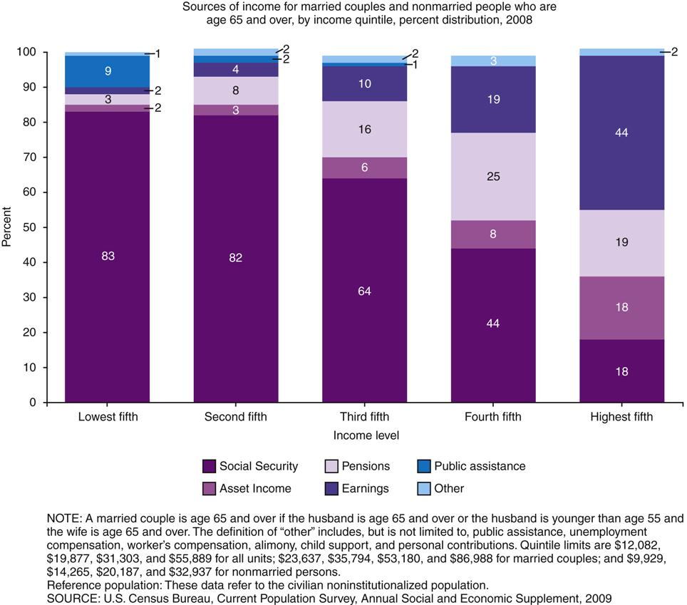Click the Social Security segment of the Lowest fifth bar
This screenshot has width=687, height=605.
click(x=107, y=257)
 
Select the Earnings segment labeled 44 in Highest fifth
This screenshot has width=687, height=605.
click(x=621, y=133)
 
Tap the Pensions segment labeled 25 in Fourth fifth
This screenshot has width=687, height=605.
click(x=493, y=177)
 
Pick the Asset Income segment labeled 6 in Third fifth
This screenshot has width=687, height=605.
click(x=364, y=167)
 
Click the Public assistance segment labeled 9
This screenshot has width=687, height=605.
click(x=107, y=71)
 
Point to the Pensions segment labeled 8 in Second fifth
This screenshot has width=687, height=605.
click(x=236, y=91)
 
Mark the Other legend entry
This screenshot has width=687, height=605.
click(x=449, y=489)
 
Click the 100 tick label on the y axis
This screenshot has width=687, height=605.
click(x=28, y=53)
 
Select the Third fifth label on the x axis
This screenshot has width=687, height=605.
click(x=364, y=418)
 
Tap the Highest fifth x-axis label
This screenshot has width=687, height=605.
click(x=621, y=418)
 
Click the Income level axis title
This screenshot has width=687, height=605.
click(x=364, y=435)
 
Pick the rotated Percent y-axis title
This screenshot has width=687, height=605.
click(x=7, y=227)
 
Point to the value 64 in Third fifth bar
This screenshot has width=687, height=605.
click(x=364, y=291)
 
